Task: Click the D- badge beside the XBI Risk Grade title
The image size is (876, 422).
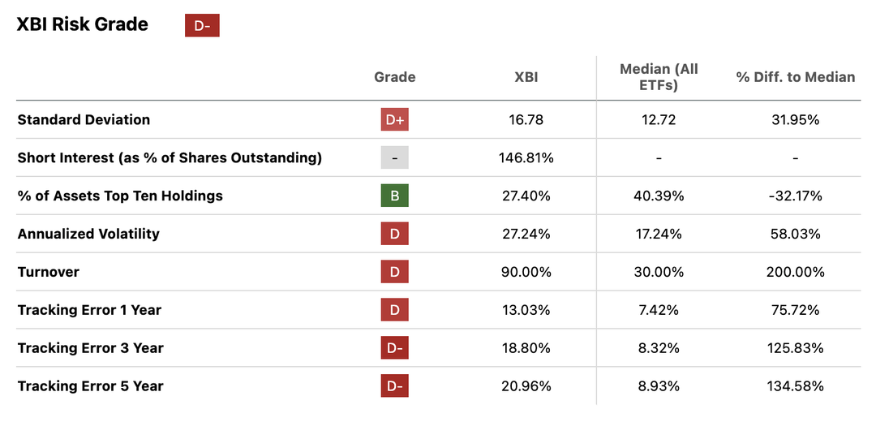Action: pos(202,25)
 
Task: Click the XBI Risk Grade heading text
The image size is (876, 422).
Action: pos(83,24)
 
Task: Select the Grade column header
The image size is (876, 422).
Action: pos(394,77)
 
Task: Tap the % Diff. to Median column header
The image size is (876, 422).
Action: pos(795,77)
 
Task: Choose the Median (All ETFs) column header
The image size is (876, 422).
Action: pos(658,77)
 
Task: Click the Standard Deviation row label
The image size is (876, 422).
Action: pos(84,119)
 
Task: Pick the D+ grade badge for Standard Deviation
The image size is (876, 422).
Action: pos(394,120)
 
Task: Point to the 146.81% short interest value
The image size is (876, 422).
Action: pos(526,157)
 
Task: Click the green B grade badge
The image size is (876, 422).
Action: pos(394,196)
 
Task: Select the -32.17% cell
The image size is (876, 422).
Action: pos(795,196)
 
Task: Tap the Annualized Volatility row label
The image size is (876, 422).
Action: pos(88,234)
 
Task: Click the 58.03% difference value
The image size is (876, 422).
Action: pos(795,234)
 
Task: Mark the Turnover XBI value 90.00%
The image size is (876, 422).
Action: pos(526,272)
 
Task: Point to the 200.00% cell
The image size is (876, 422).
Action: pos(795,272)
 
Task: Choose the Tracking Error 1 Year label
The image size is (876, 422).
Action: pos(89,310)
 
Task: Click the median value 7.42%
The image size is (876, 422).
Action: pos(658,310)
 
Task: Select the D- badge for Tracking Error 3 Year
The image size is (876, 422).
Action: pos(394,348)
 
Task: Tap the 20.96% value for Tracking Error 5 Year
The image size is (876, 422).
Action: pos(526,386)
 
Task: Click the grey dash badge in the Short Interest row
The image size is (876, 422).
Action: pos(394,157)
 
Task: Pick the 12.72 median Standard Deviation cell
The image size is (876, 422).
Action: pos(658,120)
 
